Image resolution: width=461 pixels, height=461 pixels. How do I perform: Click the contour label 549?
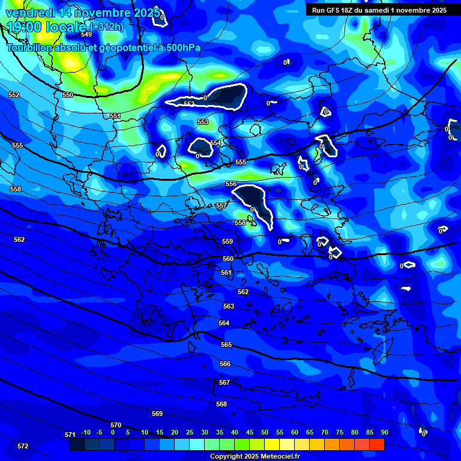(86, 52)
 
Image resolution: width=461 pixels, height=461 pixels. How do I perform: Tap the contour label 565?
(226, 345)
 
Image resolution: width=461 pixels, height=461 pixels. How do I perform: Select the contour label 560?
(228, 259)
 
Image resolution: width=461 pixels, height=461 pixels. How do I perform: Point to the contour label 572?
(23, 447)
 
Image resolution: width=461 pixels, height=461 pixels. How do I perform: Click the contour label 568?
(221, 405)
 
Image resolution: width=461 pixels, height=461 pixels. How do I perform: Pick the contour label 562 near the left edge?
(19, 240)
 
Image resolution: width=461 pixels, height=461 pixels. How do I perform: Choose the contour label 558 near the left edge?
(16, 190)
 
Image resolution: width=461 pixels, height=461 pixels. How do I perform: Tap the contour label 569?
(157, 414)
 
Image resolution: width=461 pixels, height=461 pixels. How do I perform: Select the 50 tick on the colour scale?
(265, 433)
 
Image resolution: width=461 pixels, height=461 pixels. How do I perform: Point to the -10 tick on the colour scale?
(85, 433)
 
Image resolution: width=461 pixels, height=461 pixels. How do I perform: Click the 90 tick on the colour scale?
(384, 433)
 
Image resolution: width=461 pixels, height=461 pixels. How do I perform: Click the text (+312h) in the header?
(107, 27)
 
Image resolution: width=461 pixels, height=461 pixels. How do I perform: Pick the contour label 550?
(68, 95)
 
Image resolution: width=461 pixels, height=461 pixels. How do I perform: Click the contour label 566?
(225, 364)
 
